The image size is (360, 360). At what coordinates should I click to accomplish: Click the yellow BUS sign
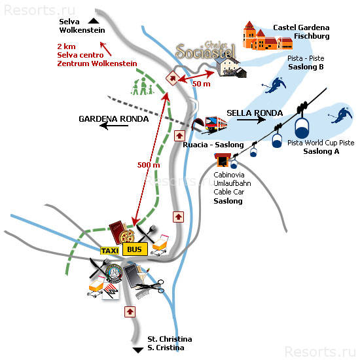click(135, 249)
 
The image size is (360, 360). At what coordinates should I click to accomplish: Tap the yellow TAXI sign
click(110, 251)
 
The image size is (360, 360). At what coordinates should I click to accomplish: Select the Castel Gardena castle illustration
click(268, 36)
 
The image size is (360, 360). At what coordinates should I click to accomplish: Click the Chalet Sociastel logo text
click(206, 50)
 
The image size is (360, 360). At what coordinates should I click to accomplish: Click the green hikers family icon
click(142, 86)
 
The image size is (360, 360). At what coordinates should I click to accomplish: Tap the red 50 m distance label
click(202, 84)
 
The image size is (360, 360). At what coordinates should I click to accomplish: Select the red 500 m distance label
click(149, 165)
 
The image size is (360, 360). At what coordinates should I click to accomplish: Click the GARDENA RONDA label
click(114, 119)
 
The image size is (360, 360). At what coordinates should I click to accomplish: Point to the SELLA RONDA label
click(255, 113)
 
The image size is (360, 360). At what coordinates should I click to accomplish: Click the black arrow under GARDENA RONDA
click(114, 126)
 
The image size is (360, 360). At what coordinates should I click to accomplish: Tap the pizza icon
click(127, 236)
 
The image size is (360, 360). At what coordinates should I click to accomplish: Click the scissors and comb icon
click(151, 289)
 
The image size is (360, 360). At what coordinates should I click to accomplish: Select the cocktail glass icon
click(143, 276)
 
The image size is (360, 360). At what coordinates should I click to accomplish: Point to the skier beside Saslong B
click(275, 85)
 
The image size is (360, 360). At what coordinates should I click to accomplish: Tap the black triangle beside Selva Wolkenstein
click(94, 21)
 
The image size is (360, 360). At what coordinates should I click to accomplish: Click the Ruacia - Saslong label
click(213, 145)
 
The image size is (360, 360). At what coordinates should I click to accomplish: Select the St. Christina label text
click(170, 339)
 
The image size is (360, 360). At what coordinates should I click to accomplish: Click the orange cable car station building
click(223, 160)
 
